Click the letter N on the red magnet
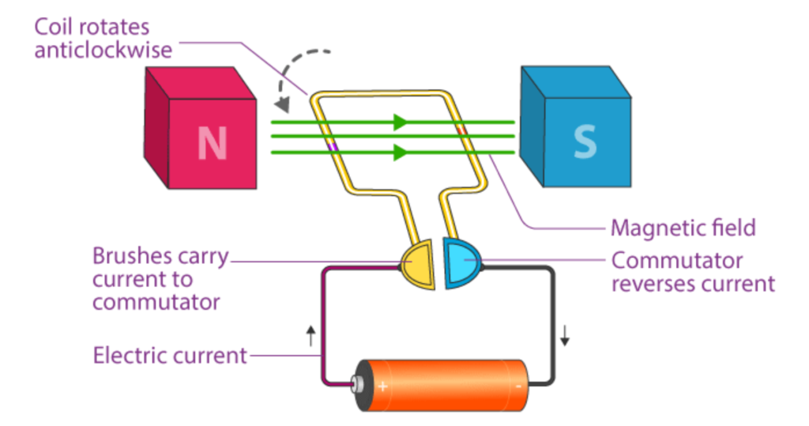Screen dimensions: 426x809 pyautogui.click(x=212, y=142)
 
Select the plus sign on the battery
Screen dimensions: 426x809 pyautogui.click(x=382, y=386)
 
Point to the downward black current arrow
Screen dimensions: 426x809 pyautogui.click(x=565, y=335)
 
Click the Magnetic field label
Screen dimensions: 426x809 pyautogui.click(x=683, y=228)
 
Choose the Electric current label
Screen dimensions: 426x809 pyautogui.click(x=170, y=356)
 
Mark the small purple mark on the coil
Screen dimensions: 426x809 pyautogui.click(x=333, y=145)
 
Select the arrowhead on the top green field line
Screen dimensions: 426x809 pyautogui.click(x=401, y=123)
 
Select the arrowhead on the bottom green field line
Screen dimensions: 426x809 pyautogui.click(x=401, y=152)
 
